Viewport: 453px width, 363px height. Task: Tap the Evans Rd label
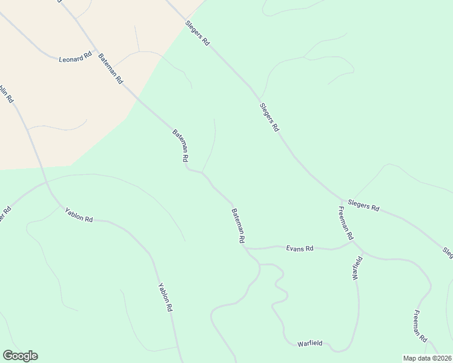pyautogui.click(x=300, y=249)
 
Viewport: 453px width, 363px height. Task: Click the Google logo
pyautogui.click(x=20, y=356)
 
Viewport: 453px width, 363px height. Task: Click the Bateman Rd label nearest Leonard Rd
pyautogui.click(x=111, y=67)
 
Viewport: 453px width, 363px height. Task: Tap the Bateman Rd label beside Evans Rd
pyautogui.click(x=237, y=226)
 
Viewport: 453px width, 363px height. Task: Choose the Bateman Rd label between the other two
pyautogui.click(x=180, y=145)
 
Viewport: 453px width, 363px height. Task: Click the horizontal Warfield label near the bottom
pyautogui.click(x=311, y=344)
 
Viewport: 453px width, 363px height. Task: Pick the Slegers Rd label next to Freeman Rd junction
pyautogui.click(x=363, y=206)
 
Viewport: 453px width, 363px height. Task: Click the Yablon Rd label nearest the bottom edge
pyautogui.click(x=165, y=297)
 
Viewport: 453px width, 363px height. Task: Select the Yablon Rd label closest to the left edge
pyautogui.click(x=79, y=214)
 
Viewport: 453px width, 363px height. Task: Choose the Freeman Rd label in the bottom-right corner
pyautogui.click(x=421, y=326)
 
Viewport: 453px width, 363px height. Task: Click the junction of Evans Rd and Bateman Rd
pyautogui.click(x=246, y=248)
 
